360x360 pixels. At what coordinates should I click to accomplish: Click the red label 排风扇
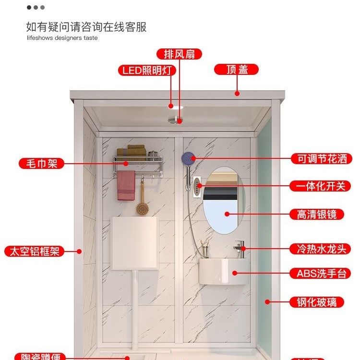coord(179,54)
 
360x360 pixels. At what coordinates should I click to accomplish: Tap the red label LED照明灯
coord(147,71)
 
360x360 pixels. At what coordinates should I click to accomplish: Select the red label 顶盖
coord(236,70)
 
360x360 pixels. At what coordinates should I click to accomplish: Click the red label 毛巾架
coord(41,163)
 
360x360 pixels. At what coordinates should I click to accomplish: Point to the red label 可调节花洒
coord(321,158)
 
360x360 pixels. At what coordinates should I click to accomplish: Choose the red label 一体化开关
coord(321,186)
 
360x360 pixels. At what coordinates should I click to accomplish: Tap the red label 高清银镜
coord(321,214)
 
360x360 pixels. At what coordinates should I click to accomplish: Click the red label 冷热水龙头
coord(321,249)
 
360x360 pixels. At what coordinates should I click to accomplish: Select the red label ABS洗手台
coord(321,274)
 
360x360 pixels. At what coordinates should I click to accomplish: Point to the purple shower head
coord(188,157)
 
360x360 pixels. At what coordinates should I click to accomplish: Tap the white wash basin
coord(224,272)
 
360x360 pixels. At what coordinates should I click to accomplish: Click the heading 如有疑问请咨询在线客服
coord(86,26)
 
